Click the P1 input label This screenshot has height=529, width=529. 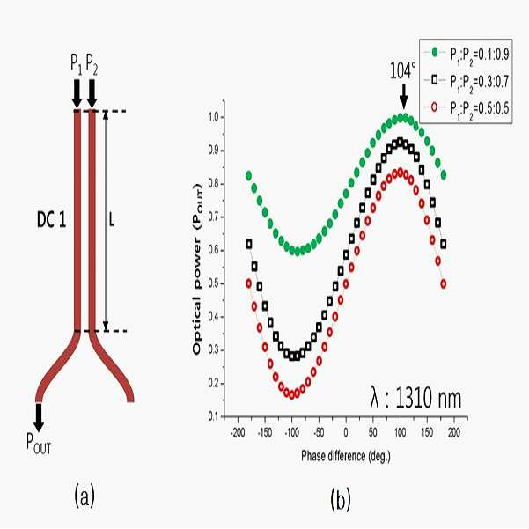click(76, 63)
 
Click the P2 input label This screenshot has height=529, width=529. click(92, 63)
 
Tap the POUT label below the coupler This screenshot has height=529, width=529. click(39, 444)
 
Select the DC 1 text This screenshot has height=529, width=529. click(51, 221)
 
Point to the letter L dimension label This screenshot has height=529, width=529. click(112, 220)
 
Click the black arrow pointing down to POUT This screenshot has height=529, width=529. click(39, 417)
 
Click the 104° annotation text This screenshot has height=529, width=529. click(402, 70)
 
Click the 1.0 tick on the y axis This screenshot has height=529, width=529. click(214, 117)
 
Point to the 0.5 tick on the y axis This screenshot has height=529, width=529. click(214, 283)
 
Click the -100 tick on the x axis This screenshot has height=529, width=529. click(292, 432)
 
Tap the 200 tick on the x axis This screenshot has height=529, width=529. click(454, 432)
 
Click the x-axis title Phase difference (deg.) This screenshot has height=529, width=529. click(345, 456)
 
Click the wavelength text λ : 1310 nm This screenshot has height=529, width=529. click(415, 399)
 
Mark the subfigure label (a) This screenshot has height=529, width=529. click(84, 495)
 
